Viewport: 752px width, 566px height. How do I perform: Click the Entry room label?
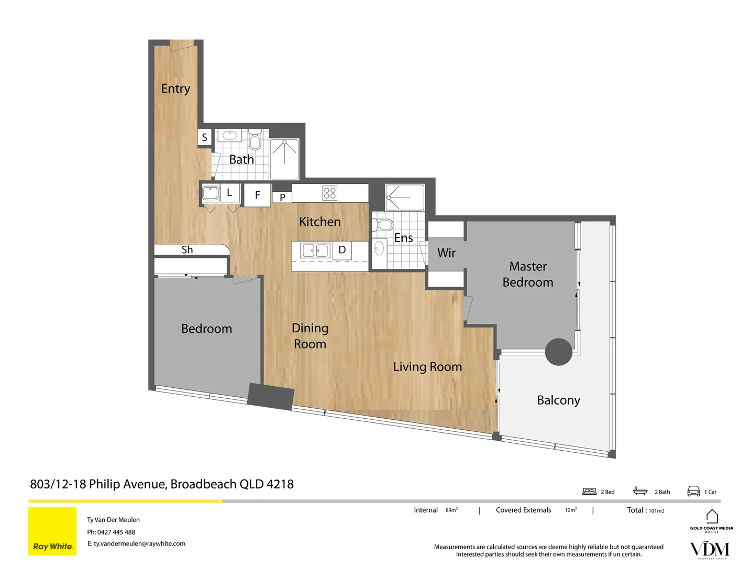pyautogui.click(x=175, y=89)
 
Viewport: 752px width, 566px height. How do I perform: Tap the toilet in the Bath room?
pyautogui.click(x=255, y=140)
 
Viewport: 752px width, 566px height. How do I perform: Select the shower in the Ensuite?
pyautogui.click(x=404, y=197)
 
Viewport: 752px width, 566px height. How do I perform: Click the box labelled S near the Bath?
pyautogui.click(x=204, y=137)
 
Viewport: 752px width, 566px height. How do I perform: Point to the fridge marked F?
pyautogui.click(x=257, y=195)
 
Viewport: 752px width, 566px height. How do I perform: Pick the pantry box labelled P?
pyautogui.click(x=282, y=198)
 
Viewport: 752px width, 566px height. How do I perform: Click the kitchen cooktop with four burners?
pyautogui.click(x=330, y=193)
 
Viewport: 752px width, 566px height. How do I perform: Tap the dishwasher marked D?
pyautogui.click(x=342, y=250)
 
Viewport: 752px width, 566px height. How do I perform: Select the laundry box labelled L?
pyautogui.click(x=229, y=193)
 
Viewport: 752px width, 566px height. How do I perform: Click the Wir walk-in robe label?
pyautogui.click(x=446, y=253)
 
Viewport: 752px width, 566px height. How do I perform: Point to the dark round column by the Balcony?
pyautogui.click(x=559, y=352)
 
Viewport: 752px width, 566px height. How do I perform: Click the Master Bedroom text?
pyautogui.click(x=528, y=274)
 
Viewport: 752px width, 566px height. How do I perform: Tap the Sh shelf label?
pyautogui.click(x=187, y=250)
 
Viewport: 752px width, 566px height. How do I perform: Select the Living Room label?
pyautogui.click(x=427, y=367)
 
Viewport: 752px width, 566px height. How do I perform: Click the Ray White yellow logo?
pyautogui.click(x=52, y=531)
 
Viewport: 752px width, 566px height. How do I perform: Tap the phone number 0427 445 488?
pyautogui.click(x=116, y=532)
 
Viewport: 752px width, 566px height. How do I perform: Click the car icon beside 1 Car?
pyautogui.click(x=693, y=491)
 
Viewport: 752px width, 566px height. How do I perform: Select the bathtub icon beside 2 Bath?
pyautogui.click(x=640, y=491)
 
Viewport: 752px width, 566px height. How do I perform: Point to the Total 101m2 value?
pyautogui.click(x=656, y=510)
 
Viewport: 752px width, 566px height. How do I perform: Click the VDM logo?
pyautogui.click(x=710, y=549)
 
